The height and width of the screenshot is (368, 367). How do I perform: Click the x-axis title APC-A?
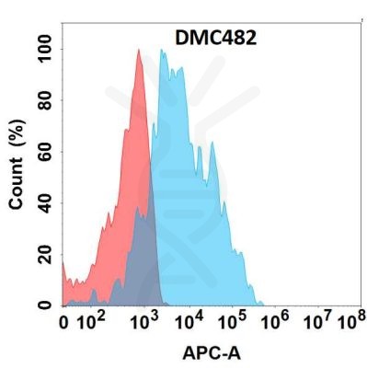pyautogui.click(x=210, y=351)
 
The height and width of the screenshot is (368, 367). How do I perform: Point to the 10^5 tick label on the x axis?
pyautogui.click(x=235, y=321)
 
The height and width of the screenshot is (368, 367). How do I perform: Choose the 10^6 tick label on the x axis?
pyautogui.click(x=279, y=321)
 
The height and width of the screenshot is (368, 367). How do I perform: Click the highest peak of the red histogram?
pyautogui.click(x=138, y=51)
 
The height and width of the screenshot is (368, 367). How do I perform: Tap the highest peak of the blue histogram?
pyautogui.click(x=162, y=51)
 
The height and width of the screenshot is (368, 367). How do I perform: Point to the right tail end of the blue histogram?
pyautogui.click(x=264, y=304)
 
